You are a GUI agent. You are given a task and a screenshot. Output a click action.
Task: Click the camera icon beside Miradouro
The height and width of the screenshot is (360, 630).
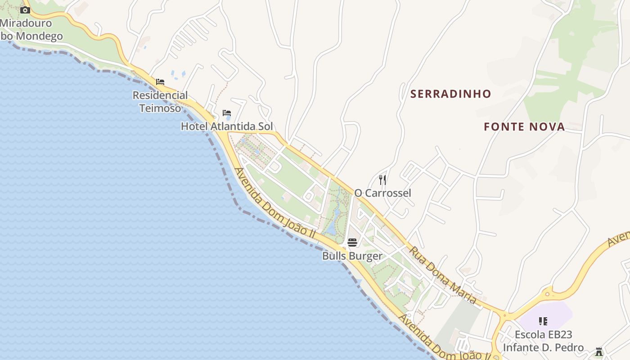pos(25,10)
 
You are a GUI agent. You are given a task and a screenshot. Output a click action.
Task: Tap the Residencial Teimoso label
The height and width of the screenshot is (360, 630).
pos(160,102)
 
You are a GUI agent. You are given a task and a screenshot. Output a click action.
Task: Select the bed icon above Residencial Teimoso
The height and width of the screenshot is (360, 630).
pos(160,82)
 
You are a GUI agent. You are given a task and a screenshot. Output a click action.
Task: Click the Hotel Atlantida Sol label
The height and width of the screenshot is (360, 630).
pos(227,126)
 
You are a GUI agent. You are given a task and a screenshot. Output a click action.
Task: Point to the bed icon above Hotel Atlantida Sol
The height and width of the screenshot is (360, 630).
pos(227,113)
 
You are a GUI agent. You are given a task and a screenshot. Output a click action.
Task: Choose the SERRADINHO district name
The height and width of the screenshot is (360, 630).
pos(450,94)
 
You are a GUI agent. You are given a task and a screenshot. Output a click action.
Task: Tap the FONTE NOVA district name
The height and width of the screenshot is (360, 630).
pos(524,127)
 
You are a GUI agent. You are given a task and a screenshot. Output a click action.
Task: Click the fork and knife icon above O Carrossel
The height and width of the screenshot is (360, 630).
pos(382,180)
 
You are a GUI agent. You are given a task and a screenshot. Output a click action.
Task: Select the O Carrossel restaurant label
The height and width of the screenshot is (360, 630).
pos(382,193)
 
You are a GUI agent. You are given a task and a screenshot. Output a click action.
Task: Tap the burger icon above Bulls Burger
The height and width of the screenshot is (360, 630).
pos(352,243)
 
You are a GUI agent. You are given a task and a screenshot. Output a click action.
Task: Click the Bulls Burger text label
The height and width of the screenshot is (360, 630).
pos(352,256)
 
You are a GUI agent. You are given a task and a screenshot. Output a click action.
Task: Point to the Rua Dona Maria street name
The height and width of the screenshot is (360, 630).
pos(443,275)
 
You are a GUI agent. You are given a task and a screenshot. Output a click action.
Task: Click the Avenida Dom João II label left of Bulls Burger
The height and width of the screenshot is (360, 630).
pos(274,203)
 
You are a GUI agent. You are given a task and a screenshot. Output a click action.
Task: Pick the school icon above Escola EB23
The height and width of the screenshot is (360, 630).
pos(543,321)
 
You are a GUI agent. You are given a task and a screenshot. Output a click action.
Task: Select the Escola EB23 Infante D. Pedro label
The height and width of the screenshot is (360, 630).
pos(543,341)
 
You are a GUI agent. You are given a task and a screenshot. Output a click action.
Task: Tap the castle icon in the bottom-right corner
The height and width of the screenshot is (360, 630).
pos(599,351)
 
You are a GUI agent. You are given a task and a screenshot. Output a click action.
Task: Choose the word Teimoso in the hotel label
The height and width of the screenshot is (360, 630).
pos(160,108)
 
